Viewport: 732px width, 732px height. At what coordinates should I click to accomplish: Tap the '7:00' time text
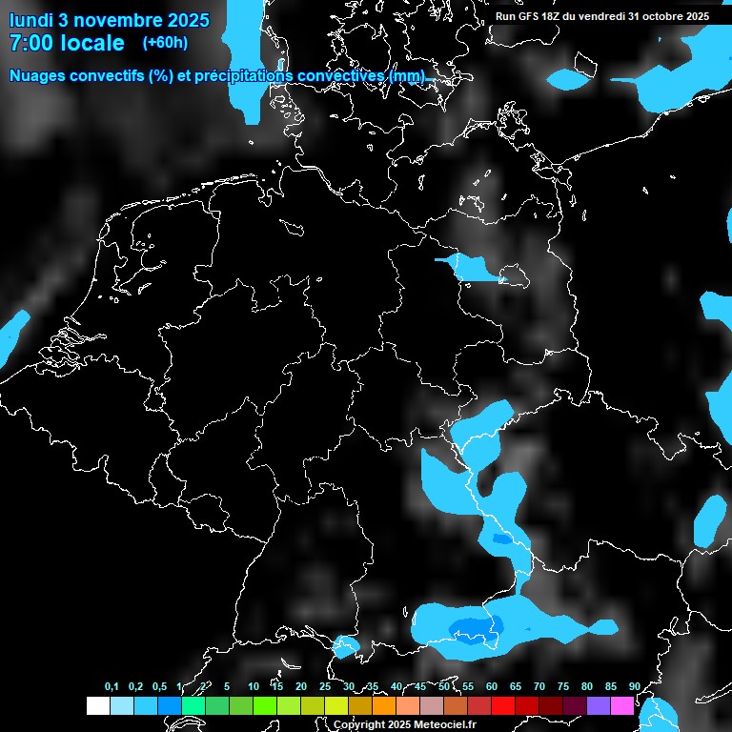[x=29, y=43]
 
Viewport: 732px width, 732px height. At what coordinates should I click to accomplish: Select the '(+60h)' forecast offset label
[x=164, y=42]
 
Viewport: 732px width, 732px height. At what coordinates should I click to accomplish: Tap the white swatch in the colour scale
[x=98, y=705]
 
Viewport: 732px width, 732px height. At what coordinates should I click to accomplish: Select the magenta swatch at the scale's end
[x=622, y=705]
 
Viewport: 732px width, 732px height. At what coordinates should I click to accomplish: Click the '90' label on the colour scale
[x=634, y=686]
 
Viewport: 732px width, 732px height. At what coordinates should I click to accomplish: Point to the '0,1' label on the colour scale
[x=112, y=686]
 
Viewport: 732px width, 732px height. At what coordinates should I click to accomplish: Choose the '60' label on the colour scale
[x=491, y=686]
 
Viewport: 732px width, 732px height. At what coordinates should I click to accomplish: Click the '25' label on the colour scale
[x=324, y=686]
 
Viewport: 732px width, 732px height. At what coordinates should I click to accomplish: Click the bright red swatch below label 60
[x=503, y=705]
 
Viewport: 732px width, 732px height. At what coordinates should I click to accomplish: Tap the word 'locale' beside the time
[x=91, y=43]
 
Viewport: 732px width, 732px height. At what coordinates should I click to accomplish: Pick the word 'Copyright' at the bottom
[x=359, y=724]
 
